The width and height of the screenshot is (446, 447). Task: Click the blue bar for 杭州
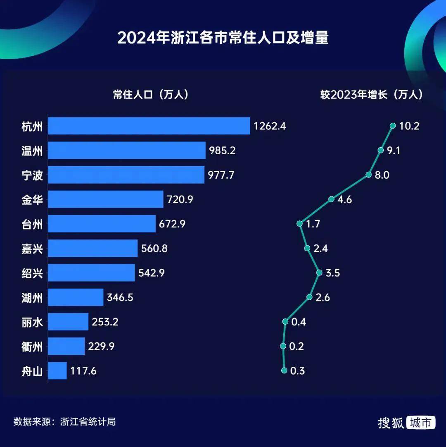point(149,126)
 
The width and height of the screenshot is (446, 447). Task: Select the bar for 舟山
point(57,371)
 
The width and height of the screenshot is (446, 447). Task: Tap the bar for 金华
point(106,199)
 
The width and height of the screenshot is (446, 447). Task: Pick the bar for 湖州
point(76,297)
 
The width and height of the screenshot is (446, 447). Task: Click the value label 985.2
point(222,151)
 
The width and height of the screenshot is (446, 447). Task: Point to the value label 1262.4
point(270,126)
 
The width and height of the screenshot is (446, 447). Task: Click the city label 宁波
point(32,175)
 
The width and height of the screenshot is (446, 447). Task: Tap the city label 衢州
point(32,347)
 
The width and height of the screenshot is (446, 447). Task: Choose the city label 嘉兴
point(32,249)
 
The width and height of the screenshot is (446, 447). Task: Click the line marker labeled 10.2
point(392,126)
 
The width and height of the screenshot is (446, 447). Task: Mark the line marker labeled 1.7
point(299,224)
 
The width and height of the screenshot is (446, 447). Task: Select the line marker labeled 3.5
point(319,273)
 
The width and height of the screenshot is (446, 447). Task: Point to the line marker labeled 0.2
point(283,346)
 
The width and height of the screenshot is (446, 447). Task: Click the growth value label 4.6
point(344,200)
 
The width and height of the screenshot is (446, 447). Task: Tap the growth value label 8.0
point(382,175)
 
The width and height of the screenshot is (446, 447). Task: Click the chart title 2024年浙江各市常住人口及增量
point(223,38)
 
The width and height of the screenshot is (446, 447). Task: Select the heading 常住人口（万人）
point(151,95)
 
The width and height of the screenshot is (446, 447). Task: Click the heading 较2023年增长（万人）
point(372,95)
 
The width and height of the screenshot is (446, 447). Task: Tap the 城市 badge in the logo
point(421,423)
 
